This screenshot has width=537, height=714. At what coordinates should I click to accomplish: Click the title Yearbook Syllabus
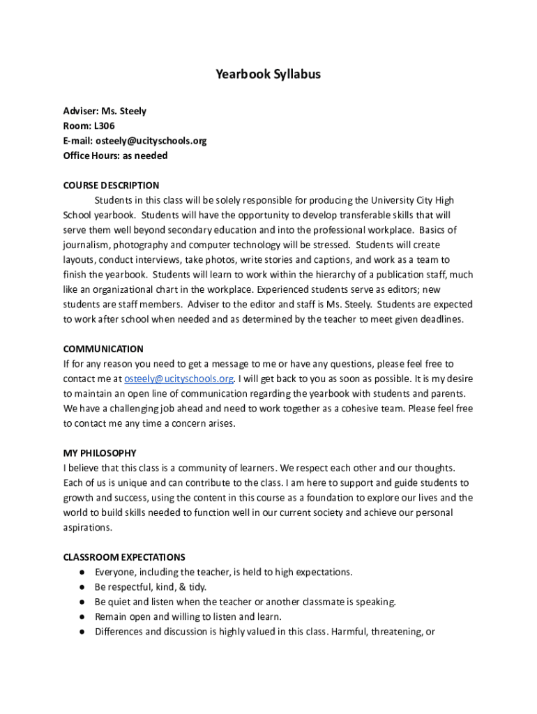coord(268,74)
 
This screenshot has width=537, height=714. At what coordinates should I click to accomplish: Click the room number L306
coord(105,126)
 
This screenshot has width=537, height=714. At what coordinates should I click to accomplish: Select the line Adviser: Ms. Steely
coord(105,112)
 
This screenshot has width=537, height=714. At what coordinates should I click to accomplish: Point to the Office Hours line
coord(115,155)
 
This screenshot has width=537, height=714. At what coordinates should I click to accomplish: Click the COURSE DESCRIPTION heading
coord(111,185)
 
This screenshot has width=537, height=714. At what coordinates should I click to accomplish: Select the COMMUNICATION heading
coord(103,349)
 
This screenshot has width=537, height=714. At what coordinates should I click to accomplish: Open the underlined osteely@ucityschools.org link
coord(179,379)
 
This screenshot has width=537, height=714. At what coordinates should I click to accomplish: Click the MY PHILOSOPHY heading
coord(100,453)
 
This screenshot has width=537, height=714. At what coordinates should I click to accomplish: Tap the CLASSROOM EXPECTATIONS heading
coord(124,557)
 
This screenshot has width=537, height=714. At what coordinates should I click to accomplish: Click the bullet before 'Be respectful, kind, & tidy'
coord(82,587)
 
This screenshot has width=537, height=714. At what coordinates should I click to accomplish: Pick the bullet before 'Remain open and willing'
coord(82,617)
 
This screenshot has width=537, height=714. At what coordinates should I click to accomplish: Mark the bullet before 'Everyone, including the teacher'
coord(82,572)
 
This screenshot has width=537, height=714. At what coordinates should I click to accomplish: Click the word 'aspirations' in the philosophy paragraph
coord(87,528)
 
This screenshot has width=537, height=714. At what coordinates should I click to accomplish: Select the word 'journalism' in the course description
coord(85,245)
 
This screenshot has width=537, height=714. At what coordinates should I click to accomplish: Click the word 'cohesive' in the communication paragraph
coord(362,409)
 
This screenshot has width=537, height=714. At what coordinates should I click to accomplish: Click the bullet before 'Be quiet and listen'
coord(82,602)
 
